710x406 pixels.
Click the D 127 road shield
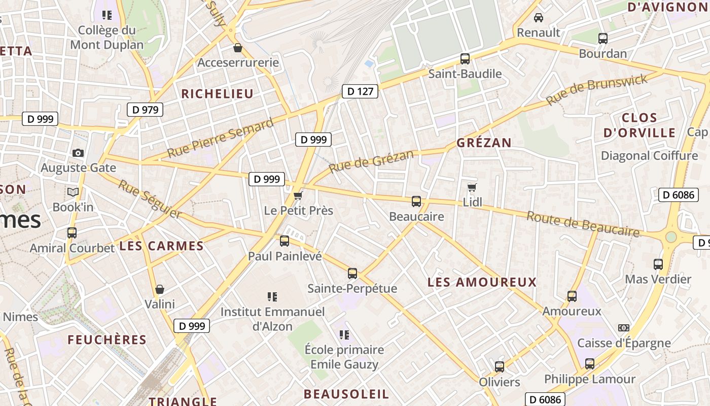(360, 91)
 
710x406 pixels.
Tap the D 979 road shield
(145, 109)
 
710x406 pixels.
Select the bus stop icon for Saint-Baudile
(465, 58)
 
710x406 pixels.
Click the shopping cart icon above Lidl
(472, 188)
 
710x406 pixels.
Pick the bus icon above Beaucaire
(416, 201)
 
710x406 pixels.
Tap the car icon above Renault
(539, 18)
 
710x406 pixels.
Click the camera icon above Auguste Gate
(78, 153)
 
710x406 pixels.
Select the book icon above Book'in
(73, 192)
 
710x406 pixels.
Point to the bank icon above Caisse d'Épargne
(624, 328)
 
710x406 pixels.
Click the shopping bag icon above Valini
(160, 289)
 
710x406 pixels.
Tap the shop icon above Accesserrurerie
(237, 48)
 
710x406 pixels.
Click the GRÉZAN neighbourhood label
(484, 143)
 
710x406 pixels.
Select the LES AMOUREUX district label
(482, 282)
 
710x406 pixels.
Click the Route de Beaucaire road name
(583, 224)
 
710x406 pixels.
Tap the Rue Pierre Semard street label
(220, 138)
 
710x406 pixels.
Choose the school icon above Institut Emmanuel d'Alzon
(272, 296)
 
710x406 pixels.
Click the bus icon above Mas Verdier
(658, 264)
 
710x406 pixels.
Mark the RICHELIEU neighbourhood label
(217, 94)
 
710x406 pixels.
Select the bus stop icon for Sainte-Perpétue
(352, 274)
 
